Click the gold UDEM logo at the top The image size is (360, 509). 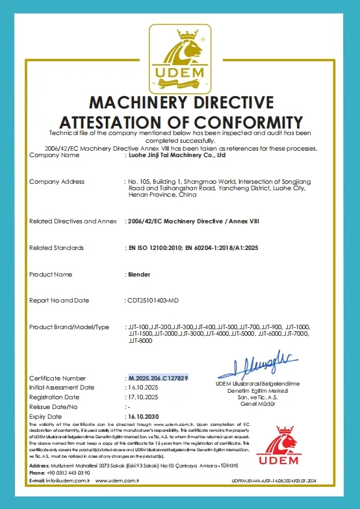(180, 58)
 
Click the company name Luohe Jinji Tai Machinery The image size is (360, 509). (176, 156)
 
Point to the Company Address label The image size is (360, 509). (57, 181)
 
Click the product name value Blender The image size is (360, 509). (139, 275)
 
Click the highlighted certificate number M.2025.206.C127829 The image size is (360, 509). (158, 378)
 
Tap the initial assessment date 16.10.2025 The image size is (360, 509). (144, 387)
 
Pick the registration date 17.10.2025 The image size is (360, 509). (144, 397)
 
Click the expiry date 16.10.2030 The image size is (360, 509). (144, 416)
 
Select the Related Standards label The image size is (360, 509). (57, 248)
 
